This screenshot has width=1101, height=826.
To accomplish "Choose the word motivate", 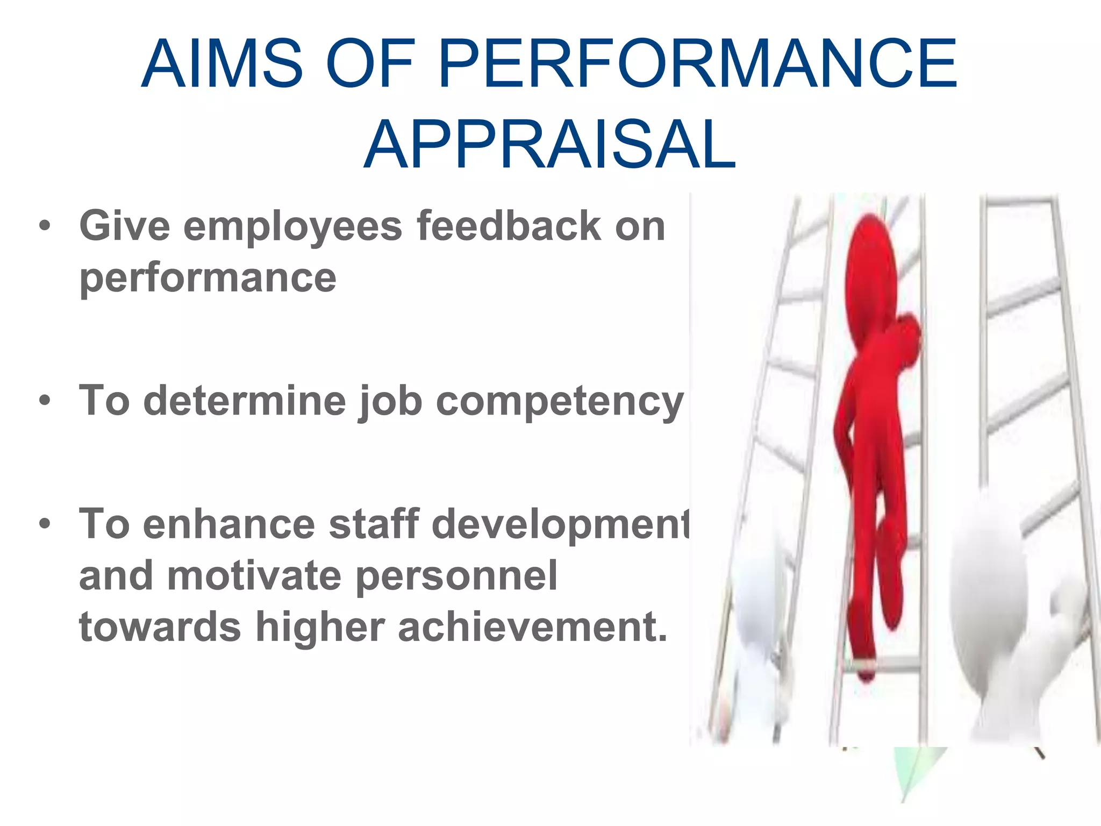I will point(254,576).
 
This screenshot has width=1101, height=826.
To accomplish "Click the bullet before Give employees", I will point(45,226).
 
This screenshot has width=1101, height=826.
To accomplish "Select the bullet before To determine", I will point(45,401).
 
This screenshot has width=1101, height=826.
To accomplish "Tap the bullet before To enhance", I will point(45,523).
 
